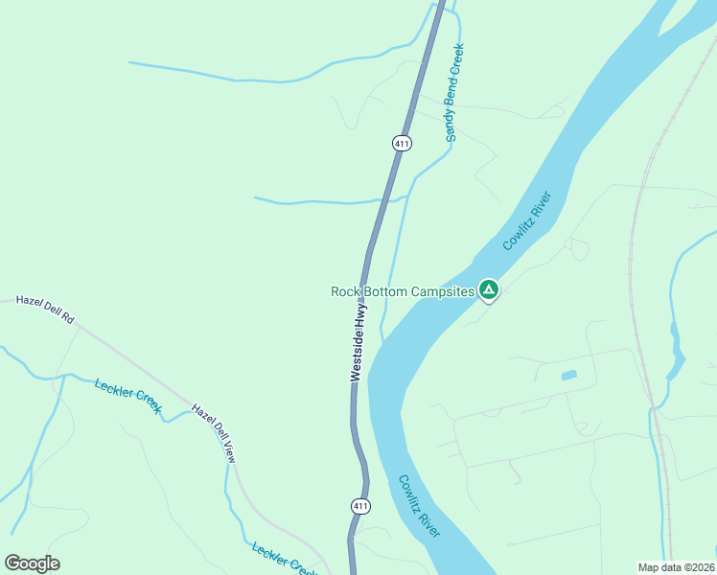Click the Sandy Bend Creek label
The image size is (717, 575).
click(x=454, y=93)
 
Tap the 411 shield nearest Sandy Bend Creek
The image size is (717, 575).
click(x=402, y=143)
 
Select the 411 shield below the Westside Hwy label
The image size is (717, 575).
click(x=359, y=504)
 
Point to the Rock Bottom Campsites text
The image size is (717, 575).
click(x=403, y=291)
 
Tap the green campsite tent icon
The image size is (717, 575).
click(x=489, y=289)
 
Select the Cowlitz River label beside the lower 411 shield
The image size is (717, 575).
click(x=419, y=506)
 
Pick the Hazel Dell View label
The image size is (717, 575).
click(x=213, y=433)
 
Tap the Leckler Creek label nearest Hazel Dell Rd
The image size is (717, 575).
click(x=127, y=399)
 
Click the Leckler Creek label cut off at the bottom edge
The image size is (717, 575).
click(x=284, y=561)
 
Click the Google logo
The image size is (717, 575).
click(x=32, y=563)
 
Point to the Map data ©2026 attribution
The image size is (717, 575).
click(x=677, y=567)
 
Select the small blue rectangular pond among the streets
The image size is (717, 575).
click(x=568, y=375)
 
